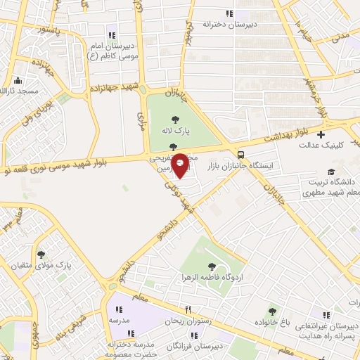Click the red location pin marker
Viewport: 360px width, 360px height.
coord(180,164)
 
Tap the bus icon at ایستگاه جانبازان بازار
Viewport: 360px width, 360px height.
coord(241,154)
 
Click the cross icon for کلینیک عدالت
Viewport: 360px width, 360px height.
coord(321,134)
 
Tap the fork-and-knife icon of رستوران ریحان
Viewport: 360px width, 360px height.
coord(188,310)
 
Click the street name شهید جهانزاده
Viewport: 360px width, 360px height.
coord(116,90)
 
